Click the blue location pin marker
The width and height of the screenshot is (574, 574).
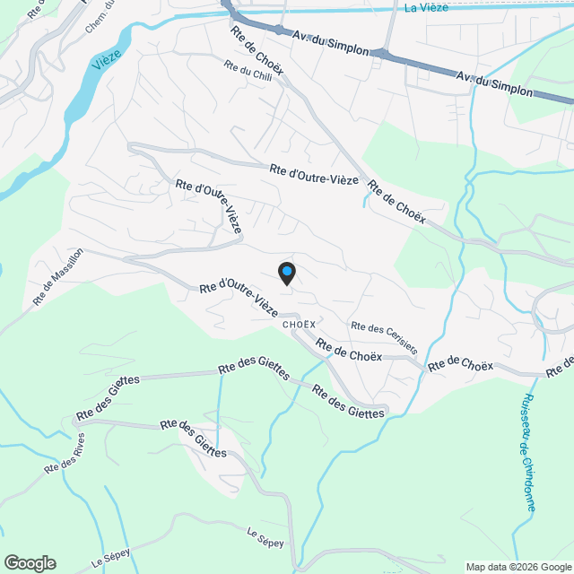click(286, 273)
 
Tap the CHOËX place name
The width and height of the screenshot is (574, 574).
click(299, 324)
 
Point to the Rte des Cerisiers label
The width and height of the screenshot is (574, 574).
click(384, 337)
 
